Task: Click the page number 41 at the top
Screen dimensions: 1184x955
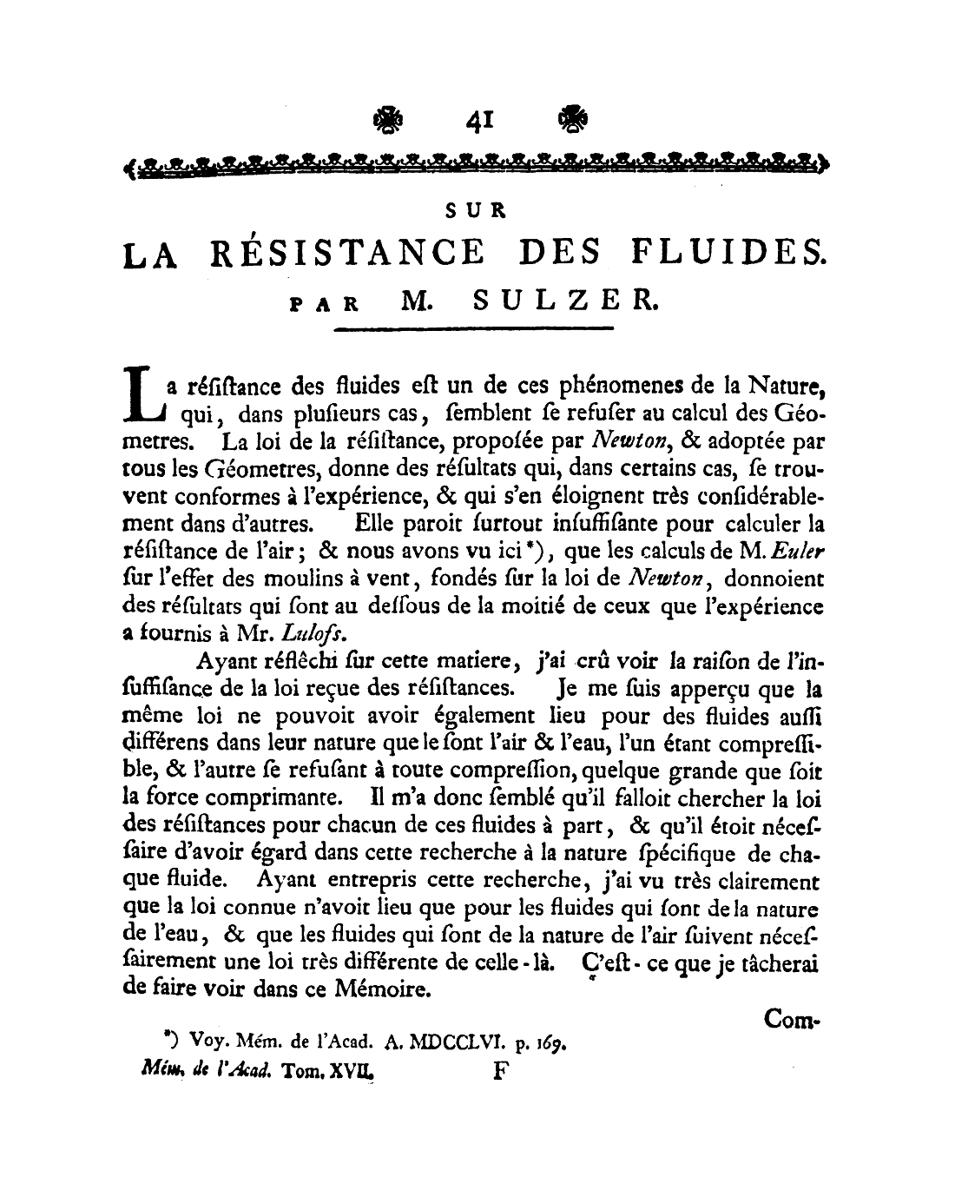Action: tap(478, 122)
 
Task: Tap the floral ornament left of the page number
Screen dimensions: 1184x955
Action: tap(388, 120)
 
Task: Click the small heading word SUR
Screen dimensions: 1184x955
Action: tap(476, 210)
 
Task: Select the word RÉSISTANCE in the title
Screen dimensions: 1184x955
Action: tap(348, 253)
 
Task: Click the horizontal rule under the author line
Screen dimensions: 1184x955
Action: tap(474, 329)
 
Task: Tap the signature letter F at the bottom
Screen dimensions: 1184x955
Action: tap(499, 1071)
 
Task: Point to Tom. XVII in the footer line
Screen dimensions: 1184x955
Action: tap(330, 1071)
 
